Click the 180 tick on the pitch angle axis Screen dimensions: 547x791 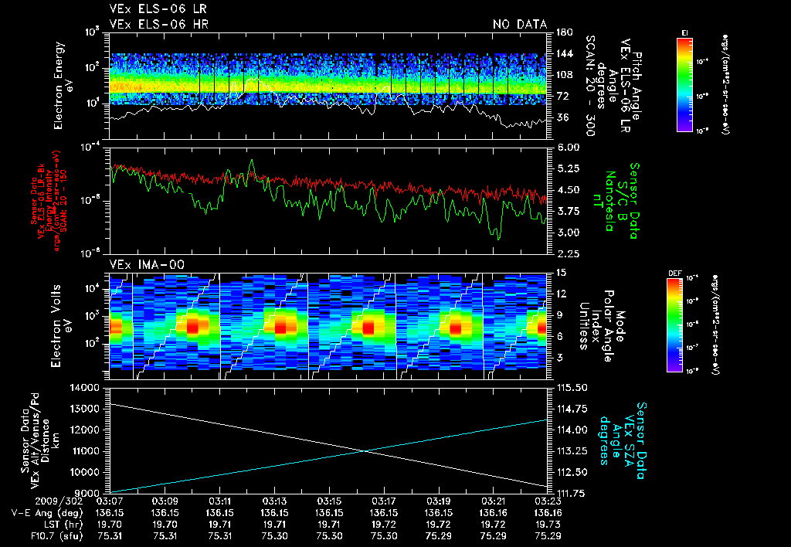563,32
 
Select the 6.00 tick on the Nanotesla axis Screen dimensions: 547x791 567,147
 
